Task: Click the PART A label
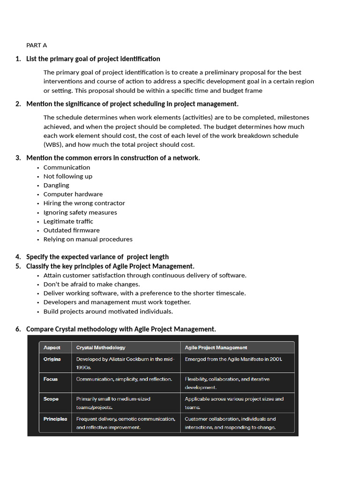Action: pos(37,45)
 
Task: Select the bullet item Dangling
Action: pos(56,185)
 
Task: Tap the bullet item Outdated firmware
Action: pos(71,230)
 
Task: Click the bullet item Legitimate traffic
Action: pos(68,221)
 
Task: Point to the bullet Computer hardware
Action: pos(73,194)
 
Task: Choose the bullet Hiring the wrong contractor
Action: pos(84,203)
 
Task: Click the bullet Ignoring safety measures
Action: pos(80,212)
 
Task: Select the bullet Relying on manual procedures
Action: pos(88,239)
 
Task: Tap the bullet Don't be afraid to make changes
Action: pos(91,284)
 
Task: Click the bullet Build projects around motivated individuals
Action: pos(108,311)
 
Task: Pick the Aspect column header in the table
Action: pos(52,348)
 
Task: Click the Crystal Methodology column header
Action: pos(101,348)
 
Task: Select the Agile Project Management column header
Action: pos(216,348)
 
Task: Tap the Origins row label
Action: pos(52,359)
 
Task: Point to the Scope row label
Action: pos(51,399)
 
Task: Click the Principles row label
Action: pos(55,419)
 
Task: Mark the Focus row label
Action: pos(51,379)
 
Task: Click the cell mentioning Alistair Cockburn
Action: pos(125,363)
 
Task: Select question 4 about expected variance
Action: pos(97,257)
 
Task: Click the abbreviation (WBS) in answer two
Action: pos(53,144)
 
